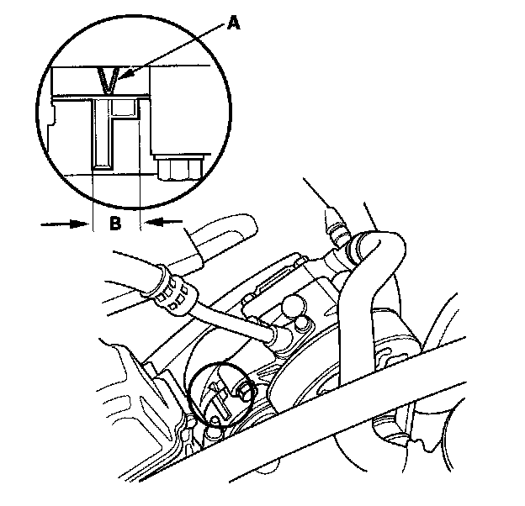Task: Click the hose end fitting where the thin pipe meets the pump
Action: coord(278,335)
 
